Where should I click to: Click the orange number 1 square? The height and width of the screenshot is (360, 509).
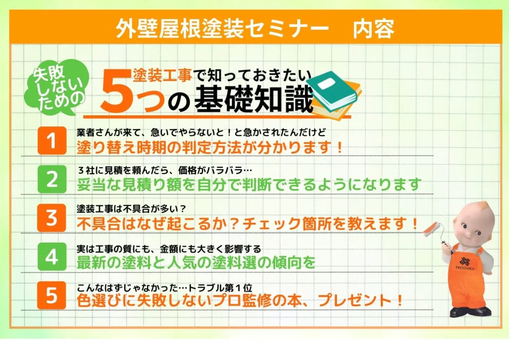click(52, 141)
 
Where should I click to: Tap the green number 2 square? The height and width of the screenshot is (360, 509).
click(52, 179)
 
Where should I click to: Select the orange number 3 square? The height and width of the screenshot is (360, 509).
click(52, 218)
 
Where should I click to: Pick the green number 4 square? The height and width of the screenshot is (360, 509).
click(52, 257)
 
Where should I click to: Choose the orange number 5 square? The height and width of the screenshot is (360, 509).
click(52, 295)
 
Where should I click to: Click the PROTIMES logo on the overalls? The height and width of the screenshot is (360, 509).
click(465, 263)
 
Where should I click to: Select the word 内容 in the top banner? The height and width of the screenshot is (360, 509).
click(373, 28)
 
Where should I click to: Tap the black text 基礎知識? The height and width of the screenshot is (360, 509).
click(254, 99)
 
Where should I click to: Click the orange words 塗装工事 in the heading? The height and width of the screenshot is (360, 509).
click(163, 76)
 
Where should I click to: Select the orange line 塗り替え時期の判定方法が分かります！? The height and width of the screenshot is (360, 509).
click(210, 147)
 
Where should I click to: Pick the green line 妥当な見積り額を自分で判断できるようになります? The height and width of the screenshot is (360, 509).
click(249, 184)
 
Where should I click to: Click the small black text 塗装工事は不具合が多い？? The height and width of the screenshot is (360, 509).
click(131, 208)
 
